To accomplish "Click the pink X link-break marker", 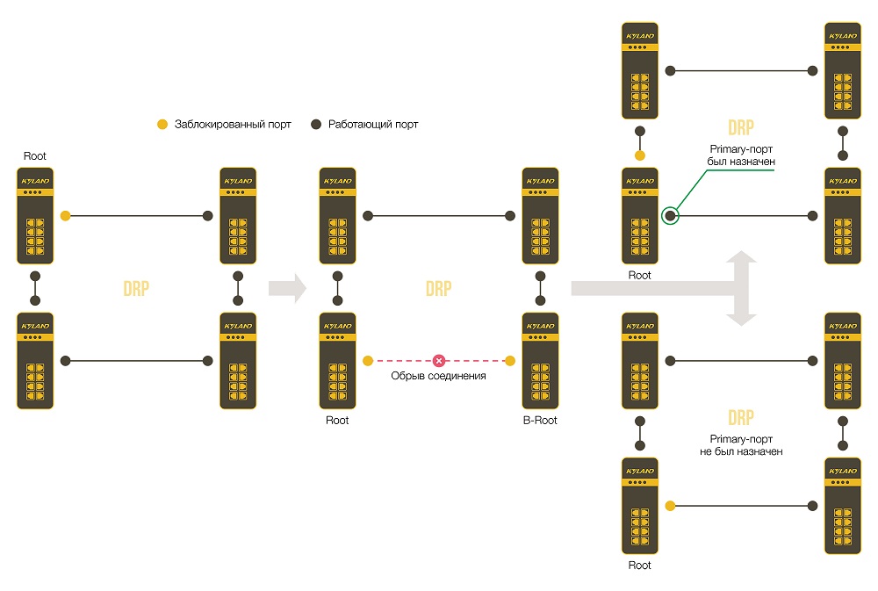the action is tap(439, 361).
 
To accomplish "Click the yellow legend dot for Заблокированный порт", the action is tap(162, 125).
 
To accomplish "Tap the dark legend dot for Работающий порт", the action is tap(316, 125).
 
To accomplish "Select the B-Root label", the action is tap(540, 420).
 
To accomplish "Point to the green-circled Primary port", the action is tap(670, 216).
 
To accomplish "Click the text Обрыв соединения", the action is tap(438, 376).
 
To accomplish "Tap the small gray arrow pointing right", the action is tap(287, 288).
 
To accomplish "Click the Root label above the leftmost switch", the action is tap(35, 156).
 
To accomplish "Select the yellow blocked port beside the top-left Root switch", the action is tap(66, 216).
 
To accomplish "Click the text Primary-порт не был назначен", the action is tap(741, 445).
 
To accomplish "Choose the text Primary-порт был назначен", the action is tap(741, 155).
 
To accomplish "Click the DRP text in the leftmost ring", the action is tap(136, 289).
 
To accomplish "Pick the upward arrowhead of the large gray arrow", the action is tap(741, 256).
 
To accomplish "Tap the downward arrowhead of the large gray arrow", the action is tap(741, 320).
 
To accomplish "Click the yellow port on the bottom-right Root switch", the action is tap(670, 506).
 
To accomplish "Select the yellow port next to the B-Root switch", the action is tap(510, 361).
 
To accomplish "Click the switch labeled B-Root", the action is tap(540, 361).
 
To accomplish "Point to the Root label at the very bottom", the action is tap(639, 566).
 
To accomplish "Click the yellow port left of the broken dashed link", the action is tap(368, 361).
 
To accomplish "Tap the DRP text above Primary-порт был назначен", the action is tap(741, 127).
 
